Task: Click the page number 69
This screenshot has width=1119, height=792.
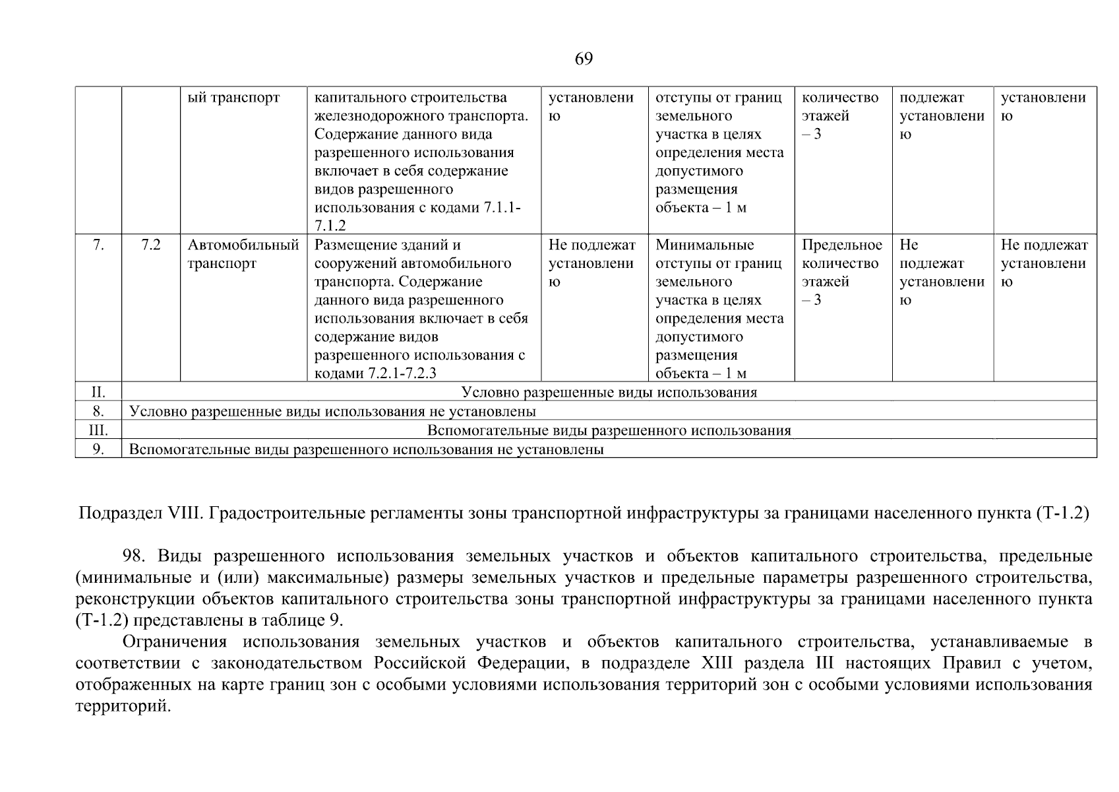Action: tap(584, 59)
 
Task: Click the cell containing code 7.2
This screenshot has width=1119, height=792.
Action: tap(151, 246)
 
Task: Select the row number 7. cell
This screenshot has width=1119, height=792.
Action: tap(98, 246)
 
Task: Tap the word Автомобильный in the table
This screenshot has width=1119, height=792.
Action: tap(243, 246)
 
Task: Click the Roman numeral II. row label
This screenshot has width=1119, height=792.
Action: tap(98, 392)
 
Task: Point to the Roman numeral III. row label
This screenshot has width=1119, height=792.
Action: tap(98, 430)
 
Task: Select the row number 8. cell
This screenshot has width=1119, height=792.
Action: tap(98, 411)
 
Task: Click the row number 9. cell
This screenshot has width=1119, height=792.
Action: tap(98, 449)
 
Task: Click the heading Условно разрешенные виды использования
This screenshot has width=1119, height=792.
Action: tap(609, 393)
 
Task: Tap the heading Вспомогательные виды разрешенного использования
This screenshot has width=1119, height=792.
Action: tap(609, 431)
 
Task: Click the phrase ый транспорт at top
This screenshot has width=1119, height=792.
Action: tap(233, 98)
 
